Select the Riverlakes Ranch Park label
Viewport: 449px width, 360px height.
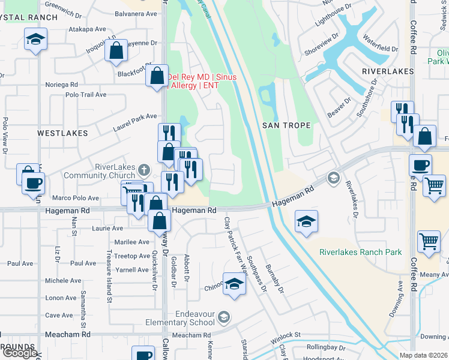point(360,252)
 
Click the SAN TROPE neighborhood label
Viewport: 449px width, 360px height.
point(286,125)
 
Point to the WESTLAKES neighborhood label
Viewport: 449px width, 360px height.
point(62,133)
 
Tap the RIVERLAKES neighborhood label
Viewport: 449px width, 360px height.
point(388,71)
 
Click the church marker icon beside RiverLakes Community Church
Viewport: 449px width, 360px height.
point(143,170)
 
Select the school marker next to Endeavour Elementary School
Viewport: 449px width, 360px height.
point(223,316)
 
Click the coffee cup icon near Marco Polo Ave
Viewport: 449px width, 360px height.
point(34,182)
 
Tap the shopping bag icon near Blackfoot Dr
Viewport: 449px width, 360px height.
point(116,50)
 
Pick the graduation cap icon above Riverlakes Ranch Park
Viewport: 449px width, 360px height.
point(306,222)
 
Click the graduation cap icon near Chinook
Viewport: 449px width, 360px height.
point(234,283)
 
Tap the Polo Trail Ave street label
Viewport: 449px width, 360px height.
point(86,95)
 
